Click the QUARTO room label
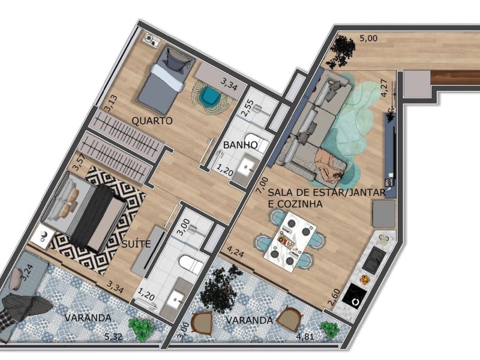(x=152, y=121)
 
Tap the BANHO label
(x=241, y=145)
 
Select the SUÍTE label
(x=136, y=244)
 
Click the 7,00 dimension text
(x=261, y=185)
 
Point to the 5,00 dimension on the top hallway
(x=368, y=38)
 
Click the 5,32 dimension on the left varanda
(x=113, y=337)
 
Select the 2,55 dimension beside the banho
(x=247, y=107)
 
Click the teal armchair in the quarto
(x=211, y=97)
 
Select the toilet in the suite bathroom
(x=190, y=264)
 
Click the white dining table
(x=290, y=242)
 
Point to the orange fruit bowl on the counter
(x=364, y=280)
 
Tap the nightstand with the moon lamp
(x=43, y=235)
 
